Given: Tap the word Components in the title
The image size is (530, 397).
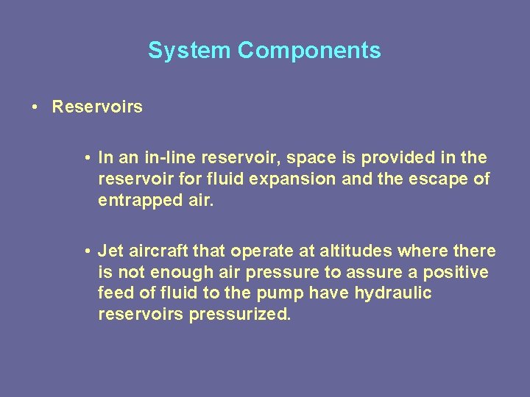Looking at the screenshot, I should pos(309,51).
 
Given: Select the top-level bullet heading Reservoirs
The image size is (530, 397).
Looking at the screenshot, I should pos(97,107).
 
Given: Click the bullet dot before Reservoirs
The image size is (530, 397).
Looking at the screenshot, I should pos(35,107).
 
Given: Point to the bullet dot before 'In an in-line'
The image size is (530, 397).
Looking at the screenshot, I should pos(87,158).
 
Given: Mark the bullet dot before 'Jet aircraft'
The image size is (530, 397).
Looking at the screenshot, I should pos(87,251).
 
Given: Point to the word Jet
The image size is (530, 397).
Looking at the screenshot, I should pos(110,251).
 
